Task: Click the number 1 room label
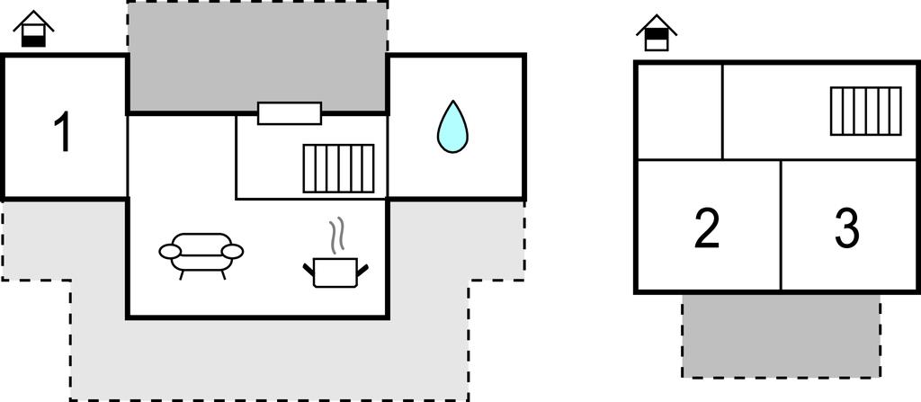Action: click(62, 131)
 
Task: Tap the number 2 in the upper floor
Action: click(707, 228)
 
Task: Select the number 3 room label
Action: click(845, 228)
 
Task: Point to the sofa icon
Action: click(201, 254)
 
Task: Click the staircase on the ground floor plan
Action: click(338, 168)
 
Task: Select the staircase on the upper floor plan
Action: click(865, 111)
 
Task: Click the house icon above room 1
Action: click(34, 30)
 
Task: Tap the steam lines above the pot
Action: click(337, 236)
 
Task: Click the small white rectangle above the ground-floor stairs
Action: click(290, 113)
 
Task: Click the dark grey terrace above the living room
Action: click(257, 56)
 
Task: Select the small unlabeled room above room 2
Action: click(679, 111)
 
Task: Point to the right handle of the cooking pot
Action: click(364, 266)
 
